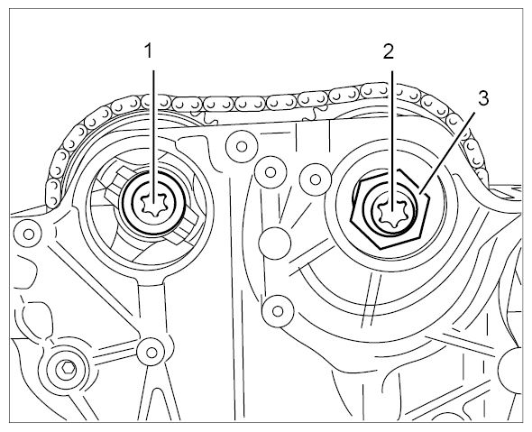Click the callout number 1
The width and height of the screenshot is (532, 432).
(x=148, y=52)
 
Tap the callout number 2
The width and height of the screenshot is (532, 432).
(x=389, y=52)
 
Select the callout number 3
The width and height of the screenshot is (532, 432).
(x=483, y=98)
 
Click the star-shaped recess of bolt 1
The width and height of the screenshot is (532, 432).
(x=154, y=205)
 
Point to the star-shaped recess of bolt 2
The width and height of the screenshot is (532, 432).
(x=392, y=214)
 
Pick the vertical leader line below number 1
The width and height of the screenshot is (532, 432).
(x=153, y=138)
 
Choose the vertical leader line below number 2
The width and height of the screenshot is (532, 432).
(x=392, y=142)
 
